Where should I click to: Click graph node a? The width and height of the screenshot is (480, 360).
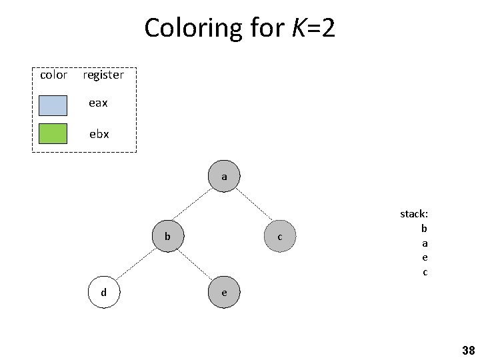pyautogui.click(x=224, y=177)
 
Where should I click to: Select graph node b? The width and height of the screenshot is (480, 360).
pyautogui.click(x=168, y=236)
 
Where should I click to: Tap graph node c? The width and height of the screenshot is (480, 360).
pyautogui.click(x=280, y=237)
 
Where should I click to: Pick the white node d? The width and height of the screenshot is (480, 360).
pyautogui.click(x=103, y=292)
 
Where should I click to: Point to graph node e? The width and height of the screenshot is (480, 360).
pyautogui.click(x=224, y=292)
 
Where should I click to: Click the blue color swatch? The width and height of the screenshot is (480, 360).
pyautogui.click(x=53, y=105)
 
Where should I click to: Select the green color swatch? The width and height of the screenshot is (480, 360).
pyautogui.click(x=53, y=134)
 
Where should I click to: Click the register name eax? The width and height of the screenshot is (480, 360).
pyautogui.click(x=99, y=103)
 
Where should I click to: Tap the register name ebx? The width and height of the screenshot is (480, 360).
pyautogui.click(x=99, y=134)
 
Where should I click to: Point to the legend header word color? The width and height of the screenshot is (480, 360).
pyautogui.click(x=53, y=75)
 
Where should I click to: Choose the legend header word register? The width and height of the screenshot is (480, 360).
pyautogui.click(x=103, y=75)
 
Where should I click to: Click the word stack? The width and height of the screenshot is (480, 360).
pyautogui.click(x=413, y=214)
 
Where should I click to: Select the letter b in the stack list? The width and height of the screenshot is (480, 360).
pyautogui.click(x=424, y=228)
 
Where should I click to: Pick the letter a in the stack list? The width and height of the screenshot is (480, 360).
pyautogui.click(x=425, y=243)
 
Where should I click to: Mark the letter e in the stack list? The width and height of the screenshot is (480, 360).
pyautogui.click(x=425, y=257)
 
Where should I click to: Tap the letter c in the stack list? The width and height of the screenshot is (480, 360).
pyautogui.click(x=425, y=272)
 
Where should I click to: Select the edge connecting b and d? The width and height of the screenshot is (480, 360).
pyautogui.click(x=136, y=264)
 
